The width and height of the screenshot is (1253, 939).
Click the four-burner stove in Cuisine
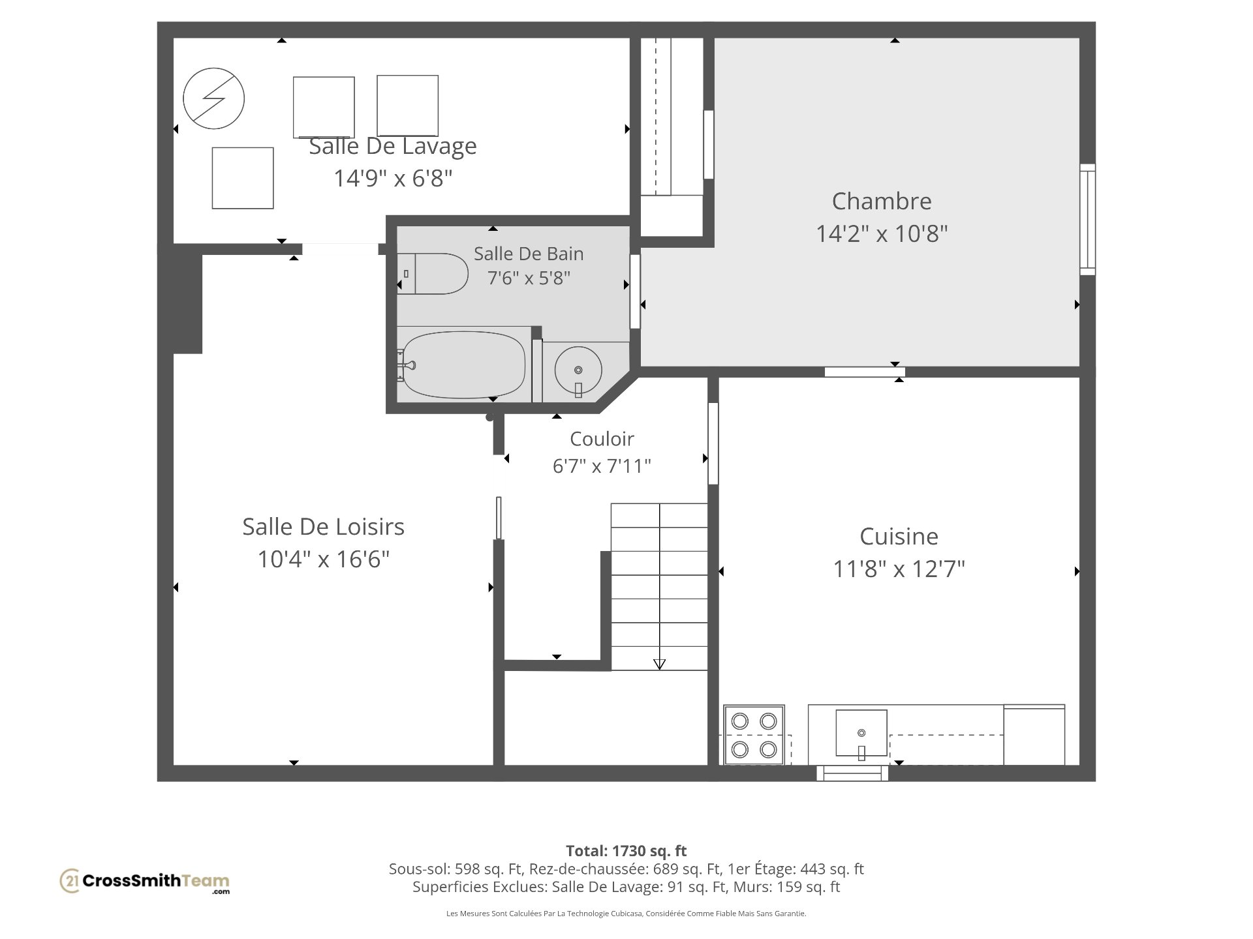754,735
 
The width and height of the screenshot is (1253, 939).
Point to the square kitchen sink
861,734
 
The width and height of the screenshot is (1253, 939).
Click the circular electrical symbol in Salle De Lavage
213,99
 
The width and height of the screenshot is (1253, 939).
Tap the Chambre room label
882,201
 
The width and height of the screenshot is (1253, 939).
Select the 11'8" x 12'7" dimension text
899,569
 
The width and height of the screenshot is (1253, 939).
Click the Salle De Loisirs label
323,526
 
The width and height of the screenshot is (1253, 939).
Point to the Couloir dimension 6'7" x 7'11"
602,466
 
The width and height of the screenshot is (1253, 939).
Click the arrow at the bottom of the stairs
659,664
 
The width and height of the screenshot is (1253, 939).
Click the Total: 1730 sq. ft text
626,851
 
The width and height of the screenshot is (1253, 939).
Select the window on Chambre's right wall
1087,219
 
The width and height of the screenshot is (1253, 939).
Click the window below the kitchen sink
852,773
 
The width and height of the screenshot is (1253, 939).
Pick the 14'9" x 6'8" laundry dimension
393,178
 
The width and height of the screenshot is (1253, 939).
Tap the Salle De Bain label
529,254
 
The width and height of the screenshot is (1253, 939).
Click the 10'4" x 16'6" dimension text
323,559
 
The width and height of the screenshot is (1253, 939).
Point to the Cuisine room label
899,537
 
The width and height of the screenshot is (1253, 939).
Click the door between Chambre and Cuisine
865,372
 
